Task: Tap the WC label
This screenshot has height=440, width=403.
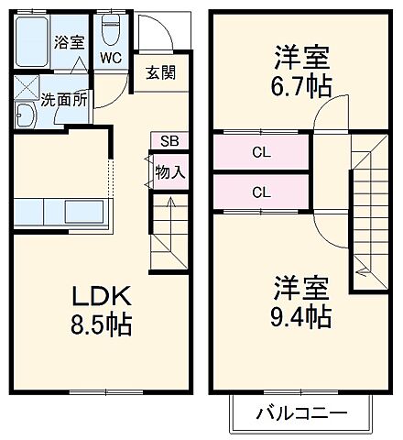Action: pyautogui.click(x=111, y=58)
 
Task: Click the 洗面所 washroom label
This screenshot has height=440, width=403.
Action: pyautogui.click(x=63, y=100)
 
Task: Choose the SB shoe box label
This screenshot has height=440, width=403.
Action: pyautogui.click(x=169, y=140)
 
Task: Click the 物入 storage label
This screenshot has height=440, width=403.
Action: pyautogui.click(x=169, y=170)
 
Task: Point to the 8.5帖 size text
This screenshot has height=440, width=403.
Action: pyautogui.click(x=103, y=324)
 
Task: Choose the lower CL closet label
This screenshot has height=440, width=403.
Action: pyautogui.click(x=261, y=192)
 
